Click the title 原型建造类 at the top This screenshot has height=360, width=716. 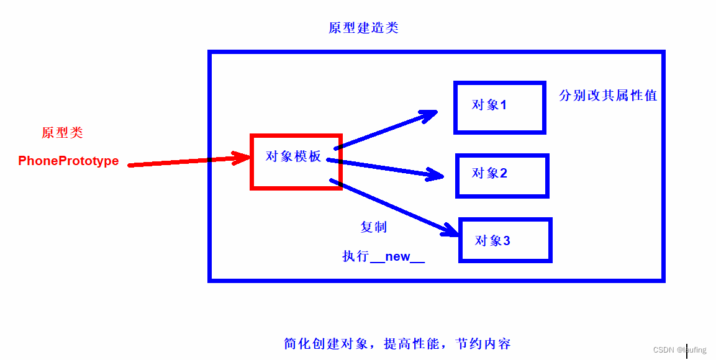coord(363,28)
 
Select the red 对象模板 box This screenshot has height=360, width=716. coord(296,161)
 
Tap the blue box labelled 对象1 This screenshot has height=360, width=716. coord(499,107)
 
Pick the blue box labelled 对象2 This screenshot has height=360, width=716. coord(502,176)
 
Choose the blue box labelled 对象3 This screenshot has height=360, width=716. coord(505,240)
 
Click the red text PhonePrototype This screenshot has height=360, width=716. coord(68,161)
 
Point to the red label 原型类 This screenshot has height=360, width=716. coord(62,133)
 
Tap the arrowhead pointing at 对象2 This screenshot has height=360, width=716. coord(435,174)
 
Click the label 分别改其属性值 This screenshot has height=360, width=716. coord(608,96)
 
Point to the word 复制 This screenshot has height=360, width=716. coord(374,227)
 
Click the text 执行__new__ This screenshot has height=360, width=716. coord(383,256)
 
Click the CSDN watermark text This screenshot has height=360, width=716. coord(680,350)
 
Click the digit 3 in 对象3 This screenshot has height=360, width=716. coord(507,241)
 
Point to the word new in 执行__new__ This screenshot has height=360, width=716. coord(397,256)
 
